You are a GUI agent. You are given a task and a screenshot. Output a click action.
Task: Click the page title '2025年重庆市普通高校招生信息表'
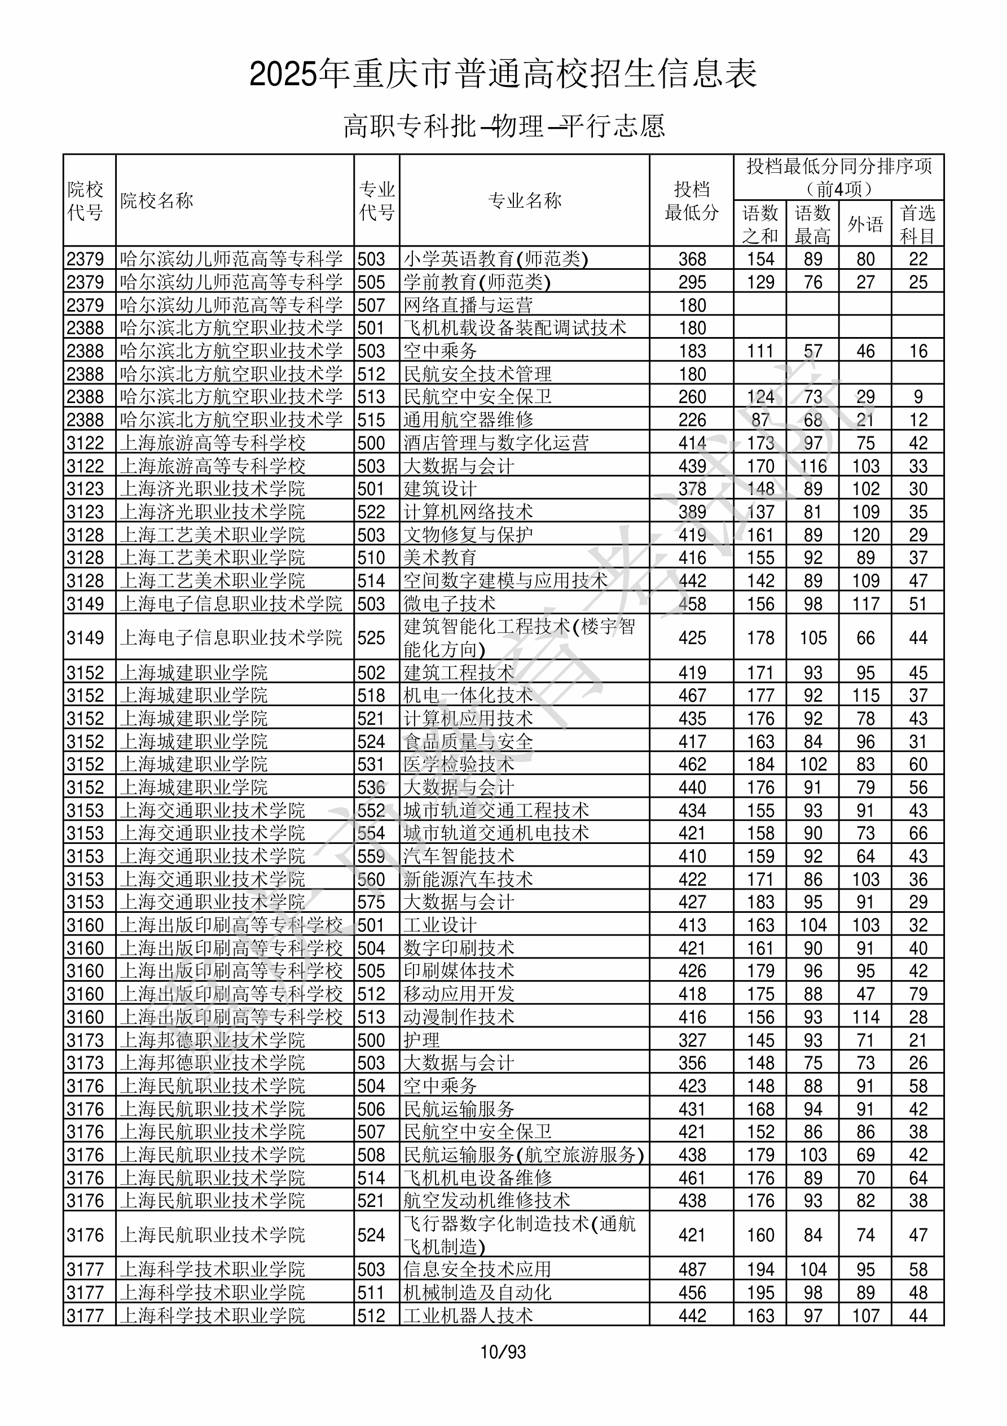(503, 75)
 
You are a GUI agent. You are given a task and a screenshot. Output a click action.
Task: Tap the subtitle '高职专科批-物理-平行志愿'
(503, 126)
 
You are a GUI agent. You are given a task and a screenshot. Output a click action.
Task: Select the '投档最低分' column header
(691, 200)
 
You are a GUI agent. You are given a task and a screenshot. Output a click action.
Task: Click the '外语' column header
(865, 224)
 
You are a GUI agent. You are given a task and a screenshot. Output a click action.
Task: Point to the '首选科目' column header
(918, 224)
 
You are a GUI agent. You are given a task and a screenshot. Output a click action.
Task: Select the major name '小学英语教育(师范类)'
(495, 259)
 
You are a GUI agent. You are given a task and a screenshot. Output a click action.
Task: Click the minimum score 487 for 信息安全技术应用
(692, 1270)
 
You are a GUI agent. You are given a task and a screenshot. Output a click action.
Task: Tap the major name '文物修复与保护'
(468, 535)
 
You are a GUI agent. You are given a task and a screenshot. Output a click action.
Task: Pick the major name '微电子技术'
(449, 603)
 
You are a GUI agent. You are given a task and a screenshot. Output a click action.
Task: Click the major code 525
(371, 638)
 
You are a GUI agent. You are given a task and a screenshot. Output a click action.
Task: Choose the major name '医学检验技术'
(458, 764)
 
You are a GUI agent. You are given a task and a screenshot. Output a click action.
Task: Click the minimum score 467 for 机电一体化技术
(692, 695)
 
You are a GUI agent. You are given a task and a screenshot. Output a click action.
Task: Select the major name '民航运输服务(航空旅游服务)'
(524, 1154)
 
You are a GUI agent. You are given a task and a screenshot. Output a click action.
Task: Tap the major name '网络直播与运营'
(468, 305)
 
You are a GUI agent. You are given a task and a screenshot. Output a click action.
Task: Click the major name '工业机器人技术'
(468, 1315)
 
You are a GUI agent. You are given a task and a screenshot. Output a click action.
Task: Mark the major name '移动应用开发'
(458, 994)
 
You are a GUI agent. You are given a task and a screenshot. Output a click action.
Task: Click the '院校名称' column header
(156, 200)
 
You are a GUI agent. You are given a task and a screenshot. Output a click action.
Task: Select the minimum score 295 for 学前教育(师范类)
(692, 282)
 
